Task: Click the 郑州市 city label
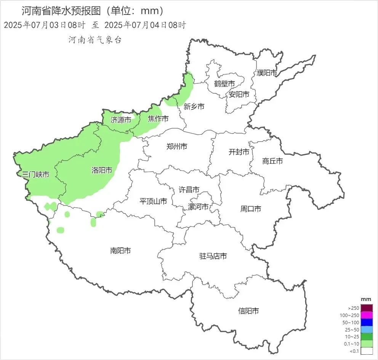pyautogui.click(x=177, y=146)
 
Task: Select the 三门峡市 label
pyautogui.click(x=35, y=175)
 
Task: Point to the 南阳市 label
pyautogui.click(x=120, y=250)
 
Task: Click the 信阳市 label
pyautogui.click(x=248, y=311)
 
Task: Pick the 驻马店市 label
pyautogui.click(x=213, y=256)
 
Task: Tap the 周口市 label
pyautogui.click(x=251, y=209)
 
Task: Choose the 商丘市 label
pyautogui.click(x=272, y=161)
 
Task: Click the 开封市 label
pyautogui.click(x=239, y=152)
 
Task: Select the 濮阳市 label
pyautogui.click(x=267, y=73)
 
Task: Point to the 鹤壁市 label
pyautogui.click(x=224, y=84)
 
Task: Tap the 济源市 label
pyautogui.click(x=120, y=120)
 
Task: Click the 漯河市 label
pyautogui.click(x=199, y=207)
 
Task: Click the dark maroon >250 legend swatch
pyautogui.click(x=367, y=308)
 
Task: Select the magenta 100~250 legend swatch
pyautogui.click(x=367, y=315)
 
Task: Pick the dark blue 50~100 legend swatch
pyautogui.click(x=367, y=322)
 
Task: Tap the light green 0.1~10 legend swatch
pyautogui.click(x=367, y=344)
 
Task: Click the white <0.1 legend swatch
pyautogui.click(x=367, y=351)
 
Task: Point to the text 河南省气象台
pyautogui.click(x=95, y=40)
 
